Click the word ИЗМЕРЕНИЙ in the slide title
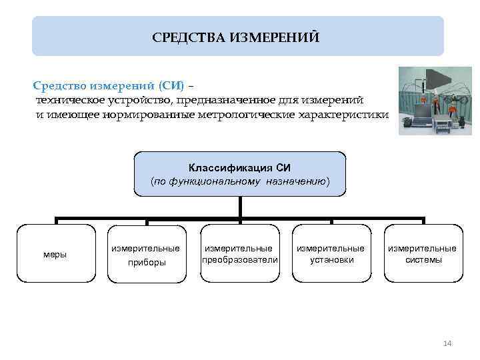point(275,37)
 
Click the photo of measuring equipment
point(435,101)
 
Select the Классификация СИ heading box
point(240,173)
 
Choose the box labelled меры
point(55,254)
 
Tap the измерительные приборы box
point(146,254)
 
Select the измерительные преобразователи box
point(239,254)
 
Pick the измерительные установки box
point(331,254)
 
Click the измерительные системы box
point(423,254)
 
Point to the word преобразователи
point(239,260)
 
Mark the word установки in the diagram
point(331,260)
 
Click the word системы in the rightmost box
point(423,260)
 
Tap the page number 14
point(447,343)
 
